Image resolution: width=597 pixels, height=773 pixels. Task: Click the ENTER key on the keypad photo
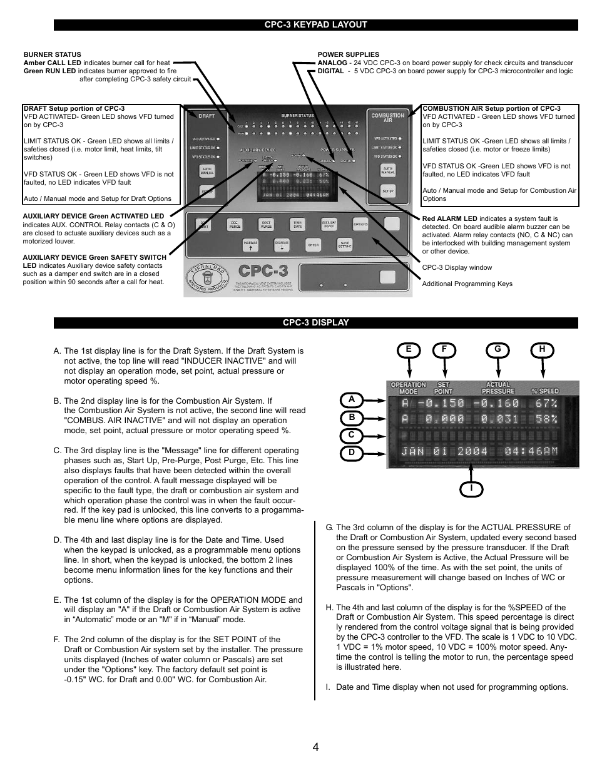point(314,245)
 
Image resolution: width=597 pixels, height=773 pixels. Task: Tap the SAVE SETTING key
point(345,245)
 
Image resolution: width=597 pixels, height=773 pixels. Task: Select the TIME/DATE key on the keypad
point(297,224)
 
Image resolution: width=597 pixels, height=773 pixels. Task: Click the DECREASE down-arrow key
point(282,245)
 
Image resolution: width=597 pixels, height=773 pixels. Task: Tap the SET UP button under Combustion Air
point(388,192)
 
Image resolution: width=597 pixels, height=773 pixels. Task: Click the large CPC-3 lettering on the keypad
point(263,270)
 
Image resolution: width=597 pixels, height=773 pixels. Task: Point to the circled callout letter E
point(408,350)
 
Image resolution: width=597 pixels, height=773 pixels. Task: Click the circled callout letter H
point(543,350)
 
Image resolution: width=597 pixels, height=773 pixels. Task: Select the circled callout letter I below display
point(471,488)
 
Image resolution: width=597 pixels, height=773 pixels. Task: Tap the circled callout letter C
point(352,434)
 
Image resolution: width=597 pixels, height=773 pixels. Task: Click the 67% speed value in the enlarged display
point(546,404)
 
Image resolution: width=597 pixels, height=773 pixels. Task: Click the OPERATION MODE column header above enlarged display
point(408,388)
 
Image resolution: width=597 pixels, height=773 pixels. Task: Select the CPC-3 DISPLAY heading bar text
point(315,323)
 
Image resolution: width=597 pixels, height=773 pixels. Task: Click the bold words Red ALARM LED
point(449,219)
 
